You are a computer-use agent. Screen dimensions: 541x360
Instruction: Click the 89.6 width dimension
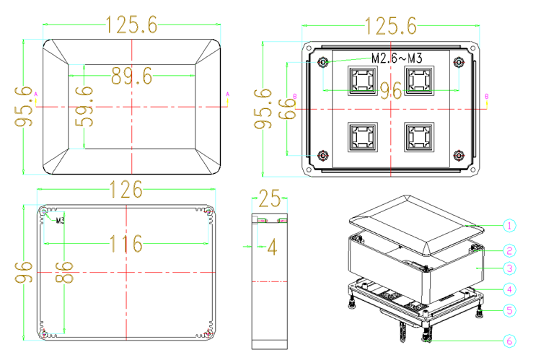tap(131, 76)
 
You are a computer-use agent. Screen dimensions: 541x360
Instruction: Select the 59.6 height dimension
tap(84, 106)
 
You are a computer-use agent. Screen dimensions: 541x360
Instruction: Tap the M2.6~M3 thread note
tap(397, 58)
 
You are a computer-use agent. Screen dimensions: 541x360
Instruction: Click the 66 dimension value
tap(287, 109)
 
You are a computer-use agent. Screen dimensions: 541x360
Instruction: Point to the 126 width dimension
tap(126, 190)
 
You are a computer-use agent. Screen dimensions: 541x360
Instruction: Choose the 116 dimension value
tap(126, 243)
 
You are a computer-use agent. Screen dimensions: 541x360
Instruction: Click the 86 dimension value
tap(64, 272)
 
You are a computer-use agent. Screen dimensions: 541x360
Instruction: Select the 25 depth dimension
tap(270, 198)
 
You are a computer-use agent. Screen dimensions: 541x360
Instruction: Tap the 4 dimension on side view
tap(272, 247)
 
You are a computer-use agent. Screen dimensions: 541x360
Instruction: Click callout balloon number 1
tap(509, 226)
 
